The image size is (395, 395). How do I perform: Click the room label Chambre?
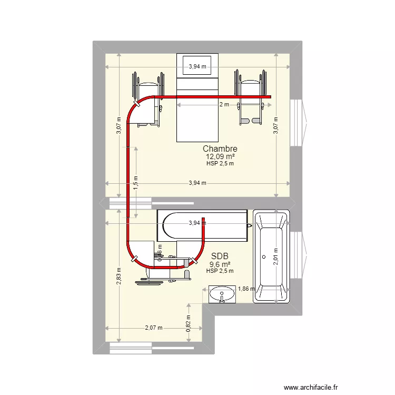point(220,149)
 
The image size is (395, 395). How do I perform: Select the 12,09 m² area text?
point(220,156)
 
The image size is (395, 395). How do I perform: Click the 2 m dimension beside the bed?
point(224,104)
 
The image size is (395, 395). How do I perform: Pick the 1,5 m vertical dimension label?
point(136,182)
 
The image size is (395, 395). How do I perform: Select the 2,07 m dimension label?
point(153,328)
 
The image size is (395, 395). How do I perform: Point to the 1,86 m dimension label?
point(246,289)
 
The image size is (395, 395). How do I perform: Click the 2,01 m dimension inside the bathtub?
point(275,256)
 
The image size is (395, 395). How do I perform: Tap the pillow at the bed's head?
point(197,66)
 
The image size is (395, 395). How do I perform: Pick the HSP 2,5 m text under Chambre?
point(220,163)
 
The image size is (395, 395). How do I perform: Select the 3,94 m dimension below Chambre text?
point(197,183)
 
